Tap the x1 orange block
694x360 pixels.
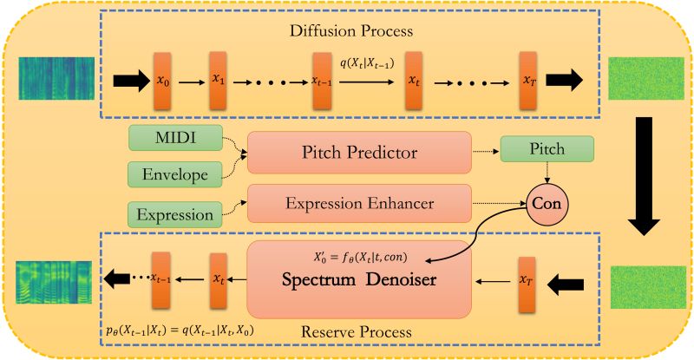coord(217,81)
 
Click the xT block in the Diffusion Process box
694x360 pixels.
coord(529,81)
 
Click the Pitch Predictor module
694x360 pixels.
coord(359,154)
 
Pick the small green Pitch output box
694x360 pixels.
coord(547,150)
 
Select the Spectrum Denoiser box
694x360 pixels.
coord(359,279)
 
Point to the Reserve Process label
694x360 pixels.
coord(359,332)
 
